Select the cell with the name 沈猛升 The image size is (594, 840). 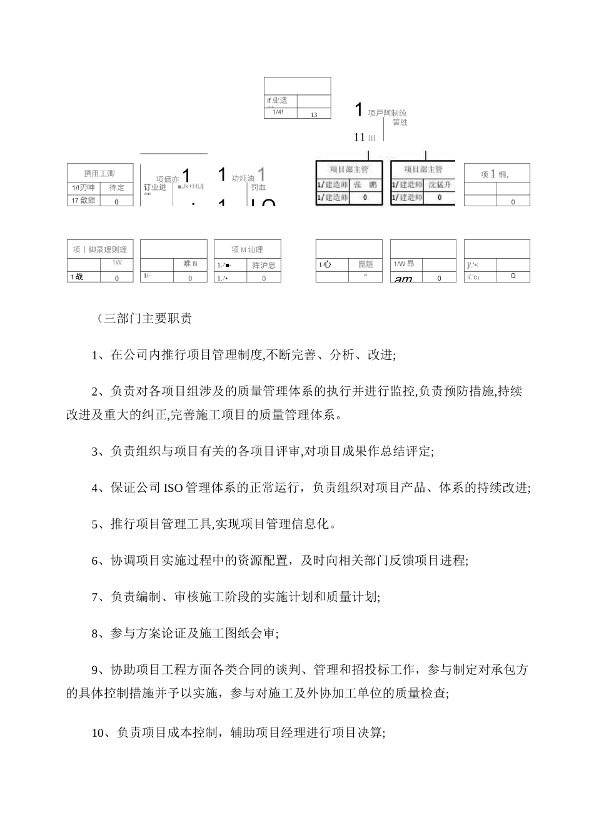[440, 185]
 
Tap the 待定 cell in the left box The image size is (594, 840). [117, 187]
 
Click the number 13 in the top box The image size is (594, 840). [314, 114]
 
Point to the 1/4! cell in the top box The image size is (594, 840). [278, 112]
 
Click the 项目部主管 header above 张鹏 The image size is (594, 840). [349, 169]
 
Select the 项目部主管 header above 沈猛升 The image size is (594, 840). [423, 169]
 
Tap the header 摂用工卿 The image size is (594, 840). [99, 173]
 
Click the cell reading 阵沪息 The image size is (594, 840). [263, 265]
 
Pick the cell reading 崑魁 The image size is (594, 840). [365, 264]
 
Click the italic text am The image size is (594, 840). [403, 279]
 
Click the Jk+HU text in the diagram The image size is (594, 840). [192, 186]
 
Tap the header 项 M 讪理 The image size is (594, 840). [247, 249]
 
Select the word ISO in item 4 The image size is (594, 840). [173, 488]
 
